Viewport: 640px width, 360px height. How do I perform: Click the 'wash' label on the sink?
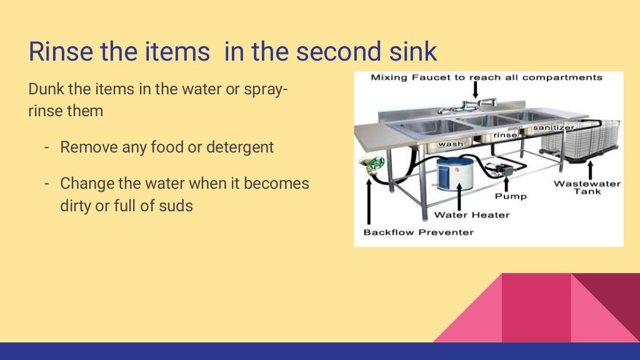coord(450,144)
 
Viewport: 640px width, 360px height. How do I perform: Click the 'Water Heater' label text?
coord(472,215)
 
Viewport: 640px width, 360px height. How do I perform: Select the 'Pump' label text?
coord(511,196)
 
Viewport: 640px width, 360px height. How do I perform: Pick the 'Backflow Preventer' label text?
coord(419,232)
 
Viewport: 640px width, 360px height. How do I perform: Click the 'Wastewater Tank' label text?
coord(587,187)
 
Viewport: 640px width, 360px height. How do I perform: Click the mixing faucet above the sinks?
coord(475,104)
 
